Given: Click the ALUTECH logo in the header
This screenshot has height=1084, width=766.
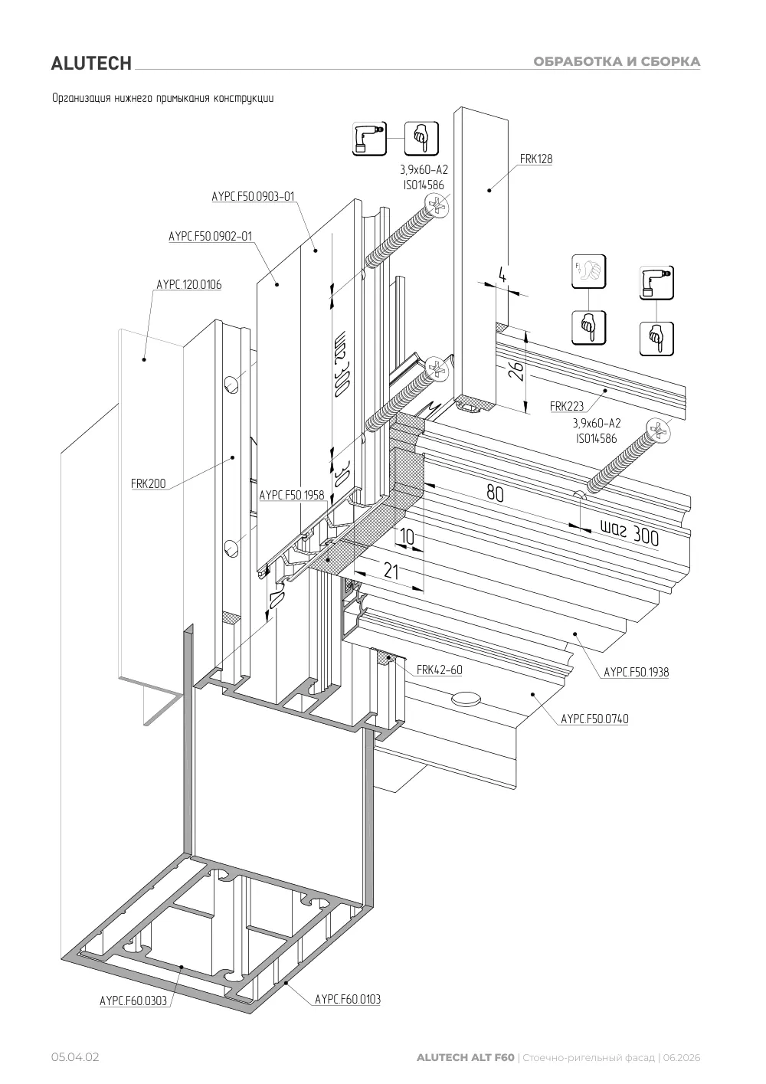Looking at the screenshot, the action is (x=91, y=64).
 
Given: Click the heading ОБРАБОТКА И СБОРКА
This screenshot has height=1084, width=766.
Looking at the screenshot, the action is (x=617, y=62).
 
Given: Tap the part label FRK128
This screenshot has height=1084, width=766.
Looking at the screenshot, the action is (x=536, y=159).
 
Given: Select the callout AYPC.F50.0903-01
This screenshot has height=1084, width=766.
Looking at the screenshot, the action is (x=253, y=196).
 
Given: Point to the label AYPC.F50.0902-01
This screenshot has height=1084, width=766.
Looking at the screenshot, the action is (x=211, y=237).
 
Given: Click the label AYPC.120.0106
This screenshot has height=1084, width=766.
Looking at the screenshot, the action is (x=188, y=284).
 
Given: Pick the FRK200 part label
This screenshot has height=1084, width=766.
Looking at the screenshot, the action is (x=148, y=483).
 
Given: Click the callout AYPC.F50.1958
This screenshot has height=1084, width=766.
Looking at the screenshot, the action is (x=292, y=496).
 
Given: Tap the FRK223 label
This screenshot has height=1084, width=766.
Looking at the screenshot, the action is (x=567, y=406).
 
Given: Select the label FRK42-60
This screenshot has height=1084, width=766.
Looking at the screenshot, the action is (x=440, y=670).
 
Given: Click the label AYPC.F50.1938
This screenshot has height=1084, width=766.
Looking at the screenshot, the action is (x=637, y=672).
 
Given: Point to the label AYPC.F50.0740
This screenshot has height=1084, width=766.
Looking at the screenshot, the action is (x=594, y=719).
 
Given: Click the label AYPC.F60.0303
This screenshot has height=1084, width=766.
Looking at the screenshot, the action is (x=133, y=1000).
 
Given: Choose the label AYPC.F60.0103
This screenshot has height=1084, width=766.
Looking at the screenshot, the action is (x=348, y=999).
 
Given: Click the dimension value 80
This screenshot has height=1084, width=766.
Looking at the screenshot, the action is (x=495, y=493).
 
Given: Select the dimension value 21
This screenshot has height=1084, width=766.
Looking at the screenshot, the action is (x=391, y=571).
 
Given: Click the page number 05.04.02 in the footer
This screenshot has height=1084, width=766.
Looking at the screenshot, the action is (x=75, y=1058).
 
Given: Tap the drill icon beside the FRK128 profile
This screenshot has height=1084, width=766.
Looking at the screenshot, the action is (x=369, y=139).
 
